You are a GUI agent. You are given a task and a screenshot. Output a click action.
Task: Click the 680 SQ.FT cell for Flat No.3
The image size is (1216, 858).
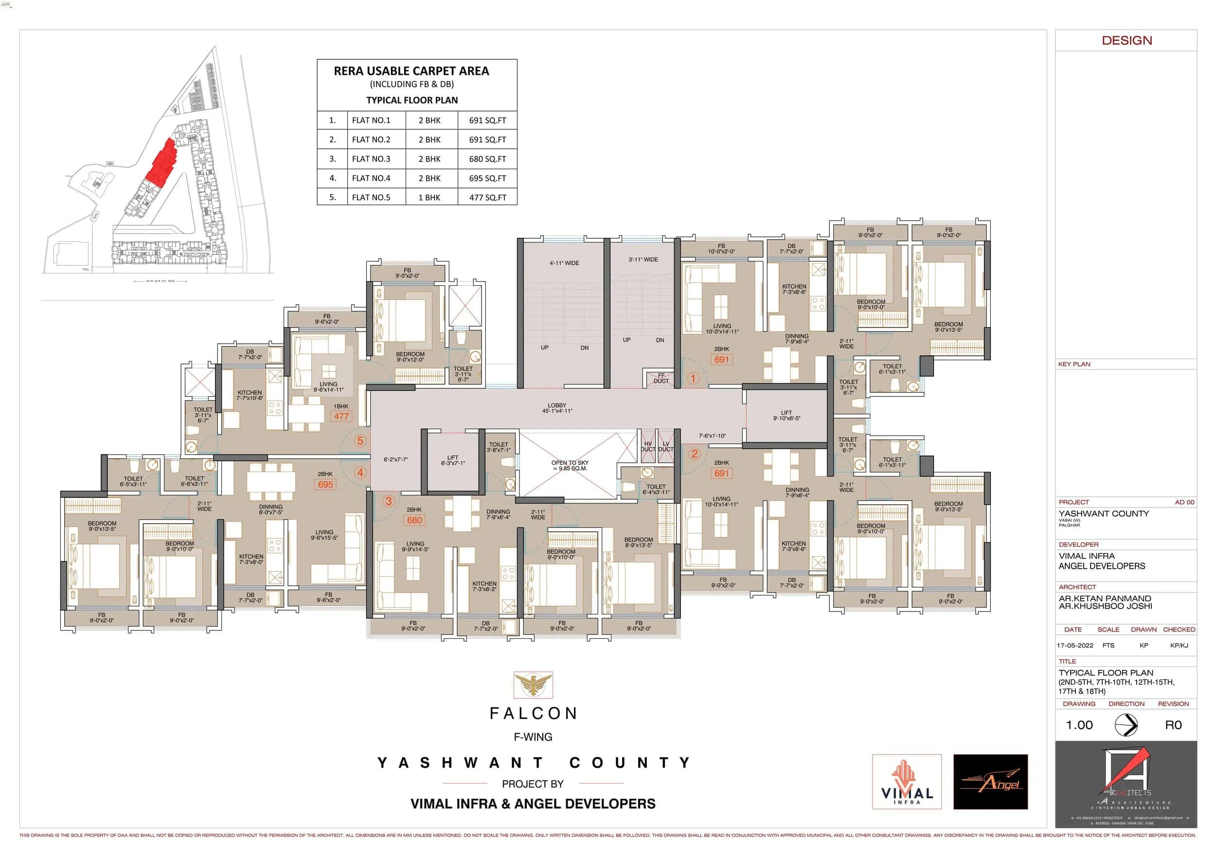pos(487,159)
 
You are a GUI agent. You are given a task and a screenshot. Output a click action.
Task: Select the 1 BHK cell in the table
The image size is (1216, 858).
pos(429,197)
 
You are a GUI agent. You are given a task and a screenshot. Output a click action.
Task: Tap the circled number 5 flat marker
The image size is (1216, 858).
pos(360,440)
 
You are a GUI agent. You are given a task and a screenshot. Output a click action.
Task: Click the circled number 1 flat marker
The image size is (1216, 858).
pos(693,378)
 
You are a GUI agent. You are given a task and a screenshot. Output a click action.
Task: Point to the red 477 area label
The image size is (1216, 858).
pos(341,417)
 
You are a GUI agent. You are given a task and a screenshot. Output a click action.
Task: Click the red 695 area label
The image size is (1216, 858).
pos(325,485)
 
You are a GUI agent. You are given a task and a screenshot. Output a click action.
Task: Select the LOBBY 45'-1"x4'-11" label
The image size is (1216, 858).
pos(556,408)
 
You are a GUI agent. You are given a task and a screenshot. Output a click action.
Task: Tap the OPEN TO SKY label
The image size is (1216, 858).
pos(570,465)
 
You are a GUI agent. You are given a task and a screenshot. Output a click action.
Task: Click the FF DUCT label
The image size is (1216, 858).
pos(661,379)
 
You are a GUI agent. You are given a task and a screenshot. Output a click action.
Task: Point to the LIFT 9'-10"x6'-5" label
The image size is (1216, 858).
pos(786,416)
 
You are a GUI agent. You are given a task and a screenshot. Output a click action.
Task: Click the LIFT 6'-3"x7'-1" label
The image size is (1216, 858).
pos(452,460)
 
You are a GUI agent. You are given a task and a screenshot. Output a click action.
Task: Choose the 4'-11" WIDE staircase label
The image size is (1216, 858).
pos(564,263)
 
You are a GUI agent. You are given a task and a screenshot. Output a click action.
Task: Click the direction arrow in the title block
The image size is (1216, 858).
pos(1126,725)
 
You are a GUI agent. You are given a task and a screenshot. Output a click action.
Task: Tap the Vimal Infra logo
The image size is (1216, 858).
pos(907,782)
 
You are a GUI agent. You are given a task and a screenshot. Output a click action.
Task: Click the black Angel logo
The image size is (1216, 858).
pos(990,782)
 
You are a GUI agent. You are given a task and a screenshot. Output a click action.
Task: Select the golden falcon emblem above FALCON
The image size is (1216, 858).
pos(533,684)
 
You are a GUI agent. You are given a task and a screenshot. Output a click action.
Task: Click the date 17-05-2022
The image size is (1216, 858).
pos(1074,645)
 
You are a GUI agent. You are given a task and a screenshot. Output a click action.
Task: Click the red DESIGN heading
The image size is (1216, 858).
pos(1127,41)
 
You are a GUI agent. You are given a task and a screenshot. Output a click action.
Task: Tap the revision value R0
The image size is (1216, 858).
pos(1173,725)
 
